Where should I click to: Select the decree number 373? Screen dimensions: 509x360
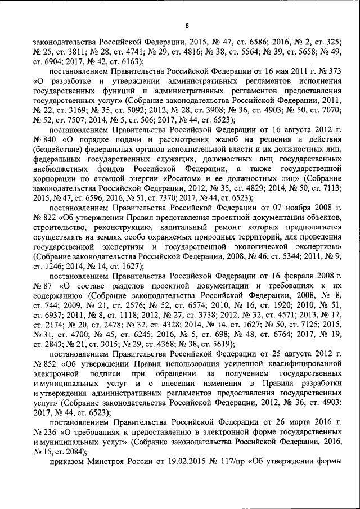click(x=335, y=73)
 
